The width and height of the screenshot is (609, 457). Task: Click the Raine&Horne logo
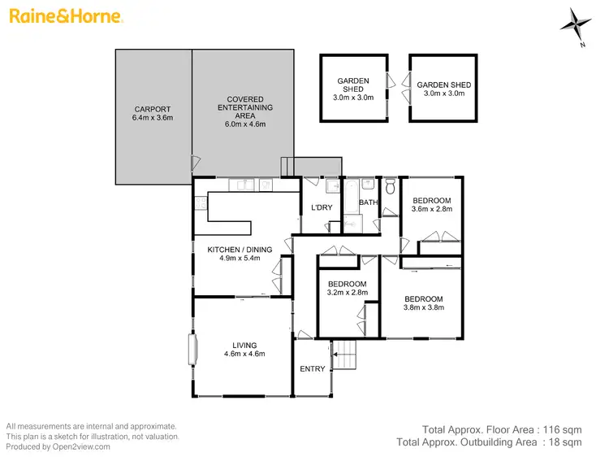64,16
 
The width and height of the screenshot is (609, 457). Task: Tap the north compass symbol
578,24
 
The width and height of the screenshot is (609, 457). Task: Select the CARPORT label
153,113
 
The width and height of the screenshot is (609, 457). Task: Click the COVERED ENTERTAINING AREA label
244,111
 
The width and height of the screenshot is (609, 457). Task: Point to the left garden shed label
353,89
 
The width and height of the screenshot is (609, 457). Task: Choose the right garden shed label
443,89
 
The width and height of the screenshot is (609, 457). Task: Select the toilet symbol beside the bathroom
391,189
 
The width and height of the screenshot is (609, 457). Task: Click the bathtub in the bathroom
351,201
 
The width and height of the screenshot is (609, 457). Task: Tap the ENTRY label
313,368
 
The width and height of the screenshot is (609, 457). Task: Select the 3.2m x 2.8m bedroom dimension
348,293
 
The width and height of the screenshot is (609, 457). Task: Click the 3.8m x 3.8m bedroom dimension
424,308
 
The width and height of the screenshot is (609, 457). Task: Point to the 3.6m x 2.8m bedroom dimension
432,209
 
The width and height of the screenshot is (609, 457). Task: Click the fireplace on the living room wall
193,350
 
